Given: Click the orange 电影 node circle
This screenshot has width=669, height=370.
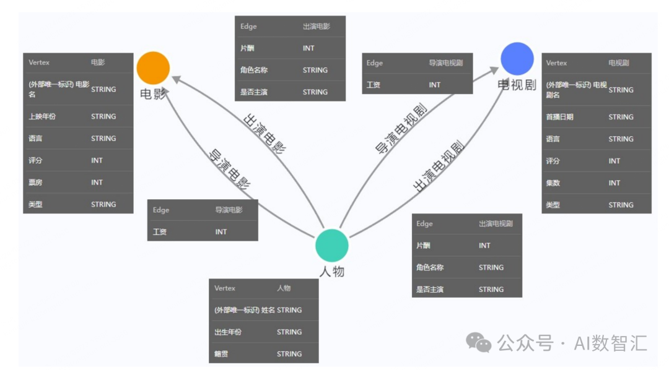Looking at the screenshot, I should tap(153, 68).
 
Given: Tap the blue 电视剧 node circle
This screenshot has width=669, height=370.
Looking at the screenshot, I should tap(517, 59).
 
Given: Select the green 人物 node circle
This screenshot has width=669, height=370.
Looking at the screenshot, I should tap(332, 246).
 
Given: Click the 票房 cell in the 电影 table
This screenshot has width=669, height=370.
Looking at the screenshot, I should tap(35, 183).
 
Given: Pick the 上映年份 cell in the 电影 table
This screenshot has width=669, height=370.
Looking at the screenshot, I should tap(42, 116).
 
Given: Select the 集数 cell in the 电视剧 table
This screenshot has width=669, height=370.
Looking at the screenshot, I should tap(553, 183).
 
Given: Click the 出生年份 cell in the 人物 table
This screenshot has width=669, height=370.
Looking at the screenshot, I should tap(228, 332).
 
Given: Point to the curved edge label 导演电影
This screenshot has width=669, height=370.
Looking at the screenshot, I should tap(230, 169).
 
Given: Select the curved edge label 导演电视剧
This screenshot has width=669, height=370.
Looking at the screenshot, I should tap(401, 129).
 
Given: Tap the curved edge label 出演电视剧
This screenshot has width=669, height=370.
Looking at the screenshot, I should tap(439, 166).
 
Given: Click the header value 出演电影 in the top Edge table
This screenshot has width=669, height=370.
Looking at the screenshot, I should tap(316, 27).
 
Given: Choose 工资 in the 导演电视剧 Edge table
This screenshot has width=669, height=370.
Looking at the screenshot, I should tap(374, 85).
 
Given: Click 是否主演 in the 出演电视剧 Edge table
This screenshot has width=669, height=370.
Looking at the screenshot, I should tap(430, 289).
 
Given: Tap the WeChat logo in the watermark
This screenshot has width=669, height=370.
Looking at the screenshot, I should tap(478, 342).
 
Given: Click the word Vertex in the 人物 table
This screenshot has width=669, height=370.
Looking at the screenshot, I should tap(225, 288).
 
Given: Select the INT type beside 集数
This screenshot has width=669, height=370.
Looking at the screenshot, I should tap(614, 183).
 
